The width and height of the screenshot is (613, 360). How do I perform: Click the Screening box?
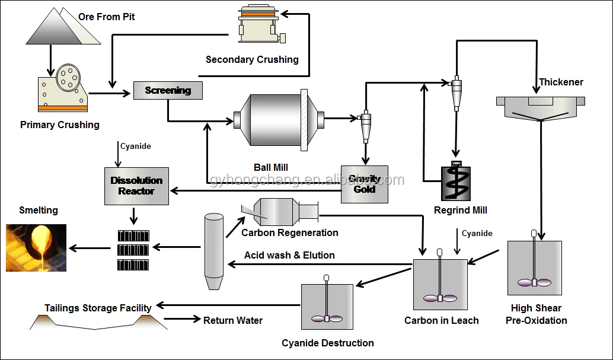168,90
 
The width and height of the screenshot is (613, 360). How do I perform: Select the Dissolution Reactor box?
136,186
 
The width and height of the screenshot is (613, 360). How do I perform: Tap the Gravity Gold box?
364,184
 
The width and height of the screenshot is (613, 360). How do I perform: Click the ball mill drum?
279,119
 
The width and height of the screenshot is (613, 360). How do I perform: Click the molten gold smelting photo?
36,247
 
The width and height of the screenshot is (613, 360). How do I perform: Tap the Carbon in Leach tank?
440,286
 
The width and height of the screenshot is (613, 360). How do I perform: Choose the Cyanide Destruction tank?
327,307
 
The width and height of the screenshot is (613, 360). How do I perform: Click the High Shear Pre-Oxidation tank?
534,267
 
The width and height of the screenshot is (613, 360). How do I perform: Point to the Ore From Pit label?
107,17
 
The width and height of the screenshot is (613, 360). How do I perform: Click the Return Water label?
233,320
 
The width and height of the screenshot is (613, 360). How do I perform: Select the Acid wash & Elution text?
289,256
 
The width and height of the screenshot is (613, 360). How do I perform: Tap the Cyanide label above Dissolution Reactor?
136,146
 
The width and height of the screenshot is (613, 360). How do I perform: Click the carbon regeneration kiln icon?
279,211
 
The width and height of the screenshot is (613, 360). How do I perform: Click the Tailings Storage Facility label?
98,308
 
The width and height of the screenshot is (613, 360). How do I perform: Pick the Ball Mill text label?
271,168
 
